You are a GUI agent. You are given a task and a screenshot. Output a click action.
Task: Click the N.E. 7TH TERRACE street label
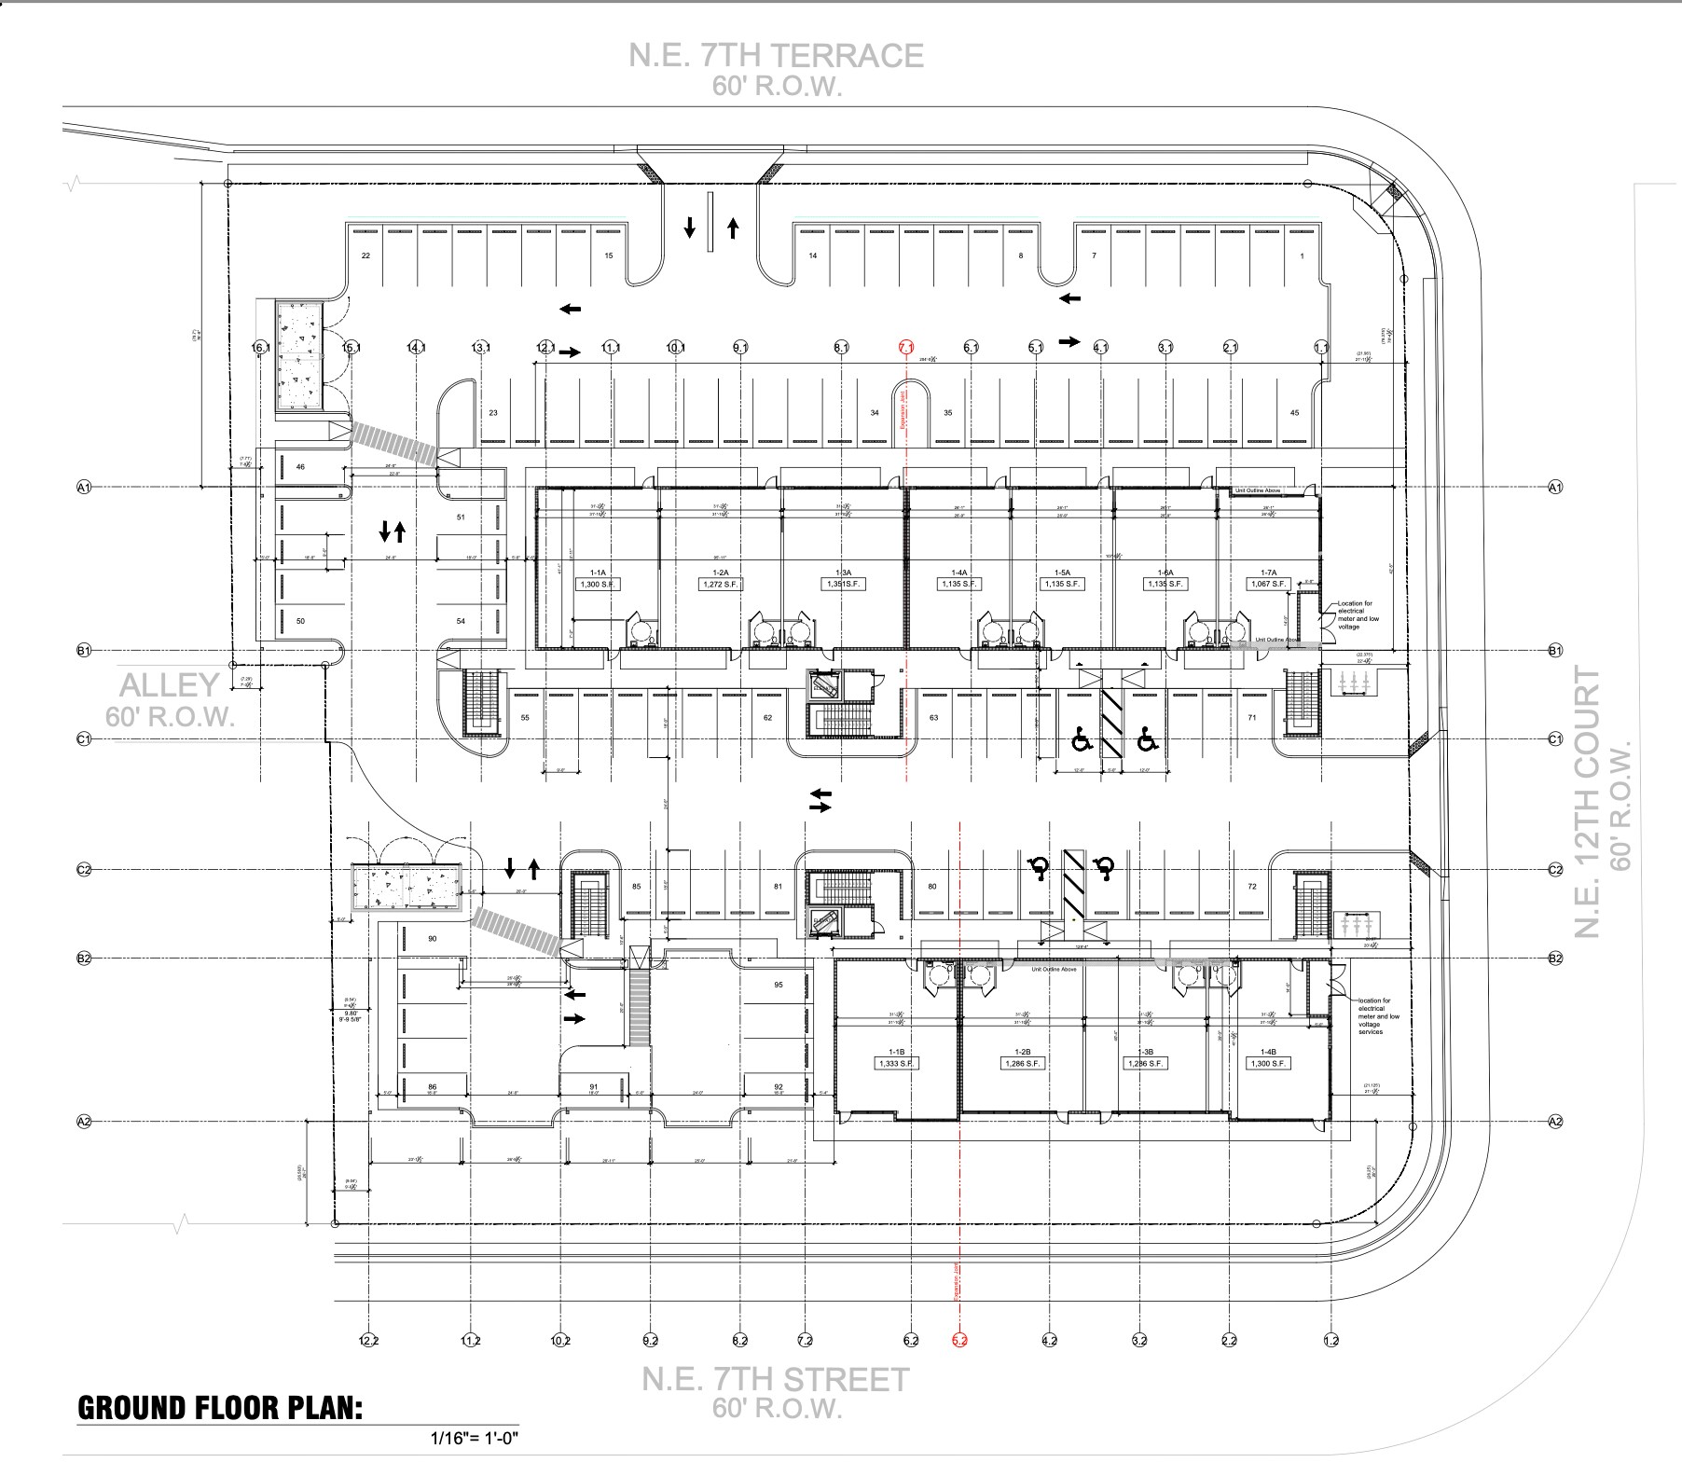point(776,56)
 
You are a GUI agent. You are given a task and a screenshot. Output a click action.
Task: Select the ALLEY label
point(170,685)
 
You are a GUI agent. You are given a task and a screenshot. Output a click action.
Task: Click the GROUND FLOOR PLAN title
point(219,1408)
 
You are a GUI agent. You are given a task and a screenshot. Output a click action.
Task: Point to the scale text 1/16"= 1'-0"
point(475,1438)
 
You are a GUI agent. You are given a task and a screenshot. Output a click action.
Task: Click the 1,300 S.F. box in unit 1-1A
point(598,585)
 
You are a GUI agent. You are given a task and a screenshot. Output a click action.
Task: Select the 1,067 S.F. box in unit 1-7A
point(1268,585)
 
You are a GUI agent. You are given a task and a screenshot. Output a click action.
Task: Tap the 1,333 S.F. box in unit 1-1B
point(895,1064)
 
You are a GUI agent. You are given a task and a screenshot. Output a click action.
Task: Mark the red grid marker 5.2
point(960,1341)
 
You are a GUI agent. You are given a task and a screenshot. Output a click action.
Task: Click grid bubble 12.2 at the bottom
point(369,1341)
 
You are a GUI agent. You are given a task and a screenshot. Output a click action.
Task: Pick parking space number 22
point(365,255)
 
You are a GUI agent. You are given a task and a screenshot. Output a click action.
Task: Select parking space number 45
point(1294,413)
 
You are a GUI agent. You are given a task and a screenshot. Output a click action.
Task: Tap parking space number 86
point(432,1087)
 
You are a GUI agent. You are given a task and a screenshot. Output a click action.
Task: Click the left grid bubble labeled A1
point(83,487)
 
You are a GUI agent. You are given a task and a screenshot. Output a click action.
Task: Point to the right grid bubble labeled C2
point(1555,869)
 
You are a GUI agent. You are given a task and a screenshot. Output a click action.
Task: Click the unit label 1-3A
point(844,572)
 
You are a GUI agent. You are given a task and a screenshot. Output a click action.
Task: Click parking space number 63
point(933,718)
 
